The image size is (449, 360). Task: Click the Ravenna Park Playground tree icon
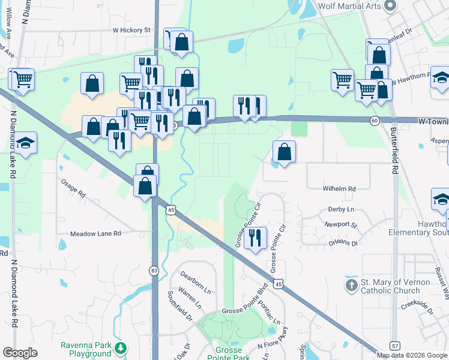click(x=121, y=348)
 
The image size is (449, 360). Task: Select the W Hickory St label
click(x=131, y=29)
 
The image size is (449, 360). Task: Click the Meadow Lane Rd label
click(x=95, y=233)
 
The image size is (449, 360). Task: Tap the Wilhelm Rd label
click(x=339, y=188)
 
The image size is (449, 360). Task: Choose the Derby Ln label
click(x=341, y=209)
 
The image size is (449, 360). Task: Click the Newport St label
click(x=340, y=226)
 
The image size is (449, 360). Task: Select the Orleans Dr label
click(x=343, y=243)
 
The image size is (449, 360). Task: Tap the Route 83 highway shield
click(x=154, y=271)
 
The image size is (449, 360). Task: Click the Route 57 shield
click(x=394, y=346)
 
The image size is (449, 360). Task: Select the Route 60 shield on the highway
click(x=374, y=121)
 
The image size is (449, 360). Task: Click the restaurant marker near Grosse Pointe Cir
click(x=256, y=238)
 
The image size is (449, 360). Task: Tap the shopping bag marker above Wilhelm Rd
click(x=285, y=152)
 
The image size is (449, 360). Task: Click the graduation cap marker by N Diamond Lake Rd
click(x=26, y=143)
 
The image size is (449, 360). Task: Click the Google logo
click(x=20, y=353)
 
